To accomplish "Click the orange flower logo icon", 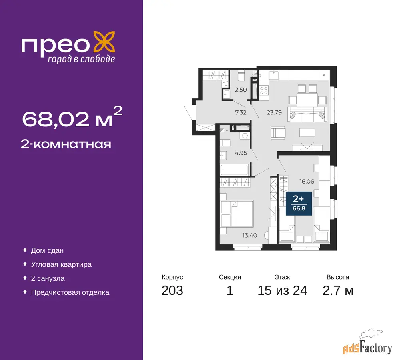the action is tap(104, 42).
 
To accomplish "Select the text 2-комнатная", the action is tap(66, 144).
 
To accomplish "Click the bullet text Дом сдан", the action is tap(47, 250).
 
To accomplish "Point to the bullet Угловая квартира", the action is tap(61, 264).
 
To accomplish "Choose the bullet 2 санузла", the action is tap(48, 278).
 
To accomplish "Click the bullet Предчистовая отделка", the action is tap(70, 292).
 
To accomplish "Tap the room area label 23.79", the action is tap(274, 112).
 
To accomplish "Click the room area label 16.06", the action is tap(307, 181).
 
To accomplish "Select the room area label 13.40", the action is tap(249, 235).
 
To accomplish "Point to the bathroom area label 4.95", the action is tap(241, 153).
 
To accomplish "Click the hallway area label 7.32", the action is tap(241, 112).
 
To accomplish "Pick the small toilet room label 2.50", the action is tap(241, 90).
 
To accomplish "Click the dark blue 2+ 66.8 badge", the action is tap(299, 204).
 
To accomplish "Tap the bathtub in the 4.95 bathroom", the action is tap(234, 170).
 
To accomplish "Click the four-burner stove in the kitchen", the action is tap(264, 90).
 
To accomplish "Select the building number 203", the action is tap(172, 290).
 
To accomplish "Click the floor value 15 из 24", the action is tap(282, 290).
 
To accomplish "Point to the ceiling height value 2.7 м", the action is tap(338, 290).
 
